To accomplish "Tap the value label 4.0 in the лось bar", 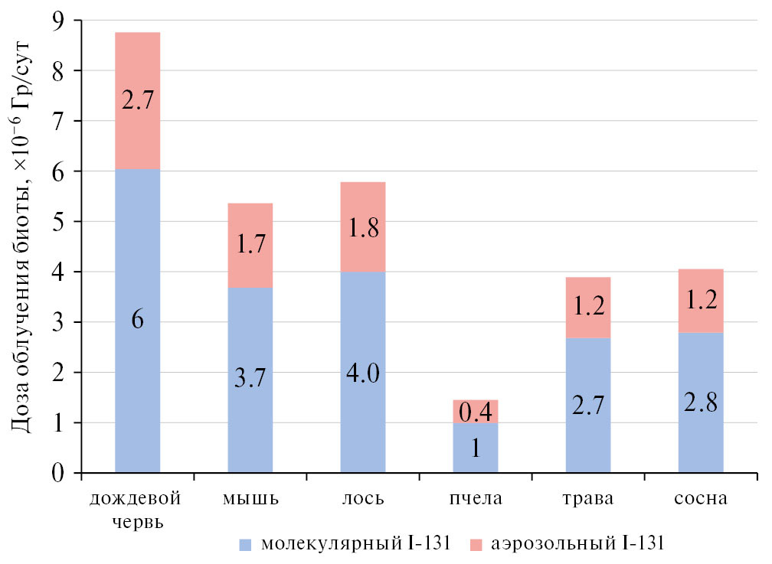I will pos(363,374).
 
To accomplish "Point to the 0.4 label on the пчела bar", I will pos(476,412).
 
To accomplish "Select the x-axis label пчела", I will pos(476,500).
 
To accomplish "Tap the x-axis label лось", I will pos(363,500).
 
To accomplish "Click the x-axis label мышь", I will pos(250,500).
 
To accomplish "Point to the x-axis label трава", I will pos(588,500).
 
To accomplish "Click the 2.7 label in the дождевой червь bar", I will pos(138,100).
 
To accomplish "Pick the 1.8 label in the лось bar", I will pos(363,230).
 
